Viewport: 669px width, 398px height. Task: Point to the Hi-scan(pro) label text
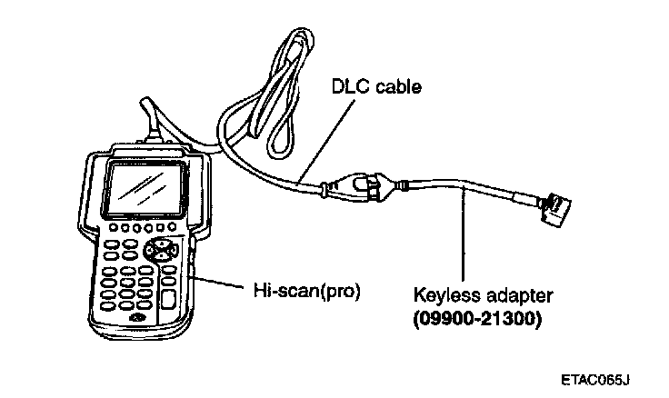[x=306, y=292]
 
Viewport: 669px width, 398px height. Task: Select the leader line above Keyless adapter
[x=463, y=236]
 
